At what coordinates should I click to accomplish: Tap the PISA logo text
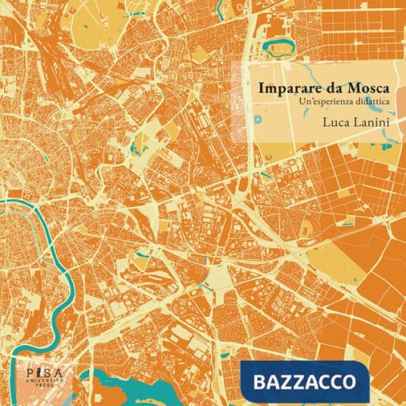35,373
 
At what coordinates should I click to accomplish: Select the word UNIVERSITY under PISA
35,382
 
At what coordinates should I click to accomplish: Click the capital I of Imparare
259,88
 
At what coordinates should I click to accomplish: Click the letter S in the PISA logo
38,373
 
